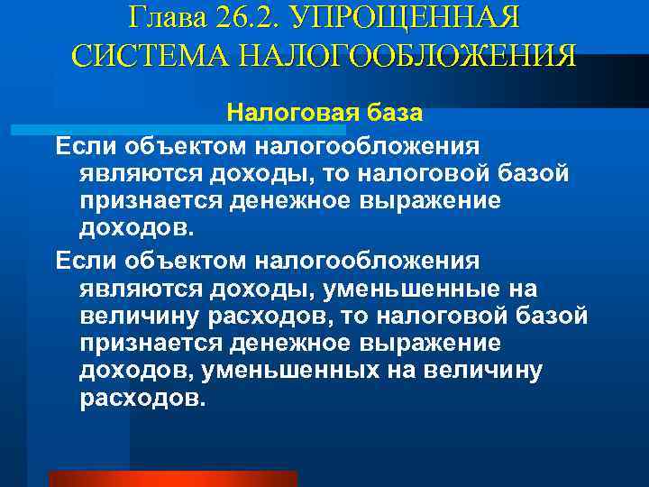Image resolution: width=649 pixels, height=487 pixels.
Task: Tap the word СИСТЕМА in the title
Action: coord(138,55)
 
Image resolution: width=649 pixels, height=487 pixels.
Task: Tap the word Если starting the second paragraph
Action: coord(84,261)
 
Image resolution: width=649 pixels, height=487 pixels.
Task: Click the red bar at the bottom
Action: coord(171,479)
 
